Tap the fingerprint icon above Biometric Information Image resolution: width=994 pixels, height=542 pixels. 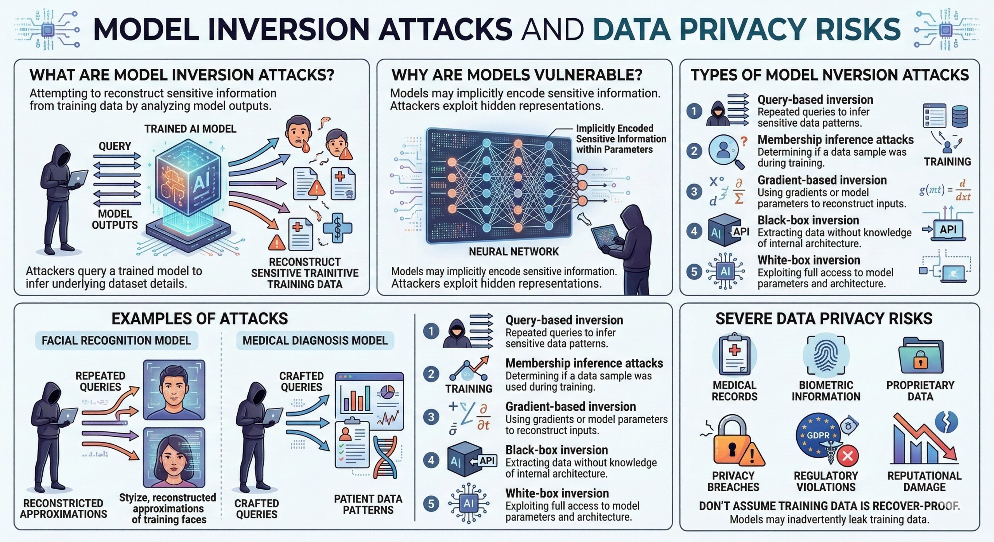point(825,356)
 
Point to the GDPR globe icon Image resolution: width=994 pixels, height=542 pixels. point(818,436)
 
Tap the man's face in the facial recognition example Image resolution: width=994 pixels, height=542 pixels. point(174,389)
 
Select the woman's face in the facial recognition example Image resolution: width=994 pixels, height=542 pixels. point(174,457)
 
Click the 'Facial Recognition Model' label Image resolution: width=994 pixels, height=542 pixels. point(116,340)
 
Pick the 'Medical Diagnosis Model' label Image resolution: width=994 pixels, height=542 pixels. point(315,340)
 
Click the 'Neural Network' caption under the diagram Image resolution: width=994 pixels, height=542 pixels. point(514,252)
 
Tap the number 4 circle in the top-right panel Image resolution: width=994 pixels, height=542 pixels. point(694,231)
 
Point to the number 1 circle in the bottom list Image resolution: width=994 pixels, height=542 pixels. point(431,331)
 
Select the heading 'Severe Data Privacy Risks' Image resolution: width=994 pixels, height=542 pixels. point(824,318)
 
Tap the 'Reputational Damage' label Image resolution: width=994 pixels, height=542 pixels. point(924,481)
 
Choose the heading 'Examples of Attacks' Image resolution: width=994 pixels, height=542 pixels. point(200,318)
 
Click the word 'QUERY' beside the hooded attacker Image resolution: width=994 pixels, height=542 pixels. point(115,146)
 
